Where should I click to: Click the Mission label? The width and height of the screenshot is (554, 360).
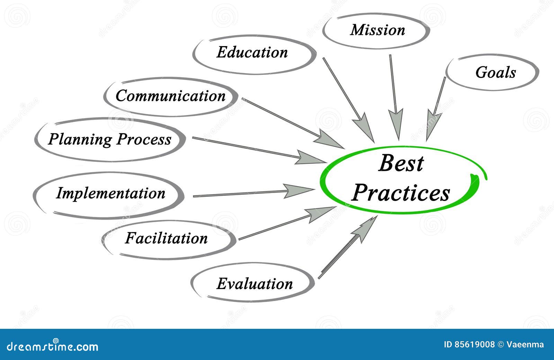coord(377,30)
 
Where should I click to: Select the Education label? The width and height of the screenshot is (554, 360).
coord(252,52)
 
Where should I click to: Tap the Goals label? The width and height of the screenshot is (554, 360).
coord(495,72)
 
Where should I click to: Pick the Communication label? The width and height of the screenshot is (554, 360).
coord(170,96)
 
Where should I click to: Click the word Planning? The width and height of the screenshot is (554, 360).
coord(80,139)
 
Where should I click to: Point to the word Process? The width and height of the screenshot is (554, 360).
coord(144,139)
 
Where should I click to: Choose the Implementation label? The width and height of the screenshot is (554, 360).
coord(110,193)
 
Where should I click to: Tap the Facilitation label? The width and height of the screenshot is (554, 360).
coord(166,238)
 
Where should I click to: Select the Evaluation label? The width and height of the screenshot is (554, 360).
coord(254,284)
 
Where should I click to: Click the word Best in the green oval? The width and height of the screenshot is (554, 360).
coord(401,163)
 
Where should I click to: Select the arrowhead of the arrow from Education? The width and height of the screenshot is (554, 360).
coord(364,126)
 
